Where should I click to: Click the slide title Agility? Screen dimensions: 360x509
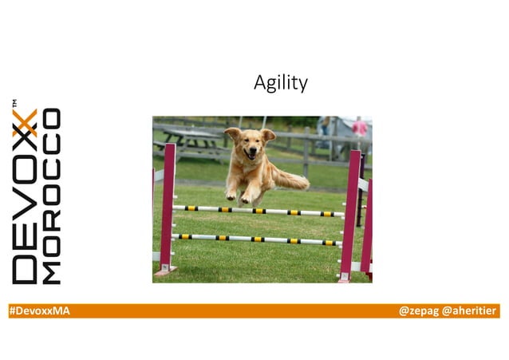pyautogui.click(x=280, y=82)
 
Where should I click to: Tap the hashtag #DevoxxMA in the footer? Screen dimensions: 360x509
pyautogui.click(x=39, y=311)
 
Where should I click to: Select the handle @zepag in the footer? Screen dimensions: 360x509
pyautogui.click(x=418, y=311)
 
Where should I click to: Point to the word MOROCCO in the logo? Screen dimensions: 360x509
pyautogui.click(x=51, y=196)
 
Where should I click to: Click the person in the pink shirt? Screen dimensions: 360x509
pyautogui.click(x=361, y=128)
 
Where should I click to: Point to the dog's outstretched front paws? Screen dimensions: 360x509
pyautogui.click(x=239, y=196)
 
